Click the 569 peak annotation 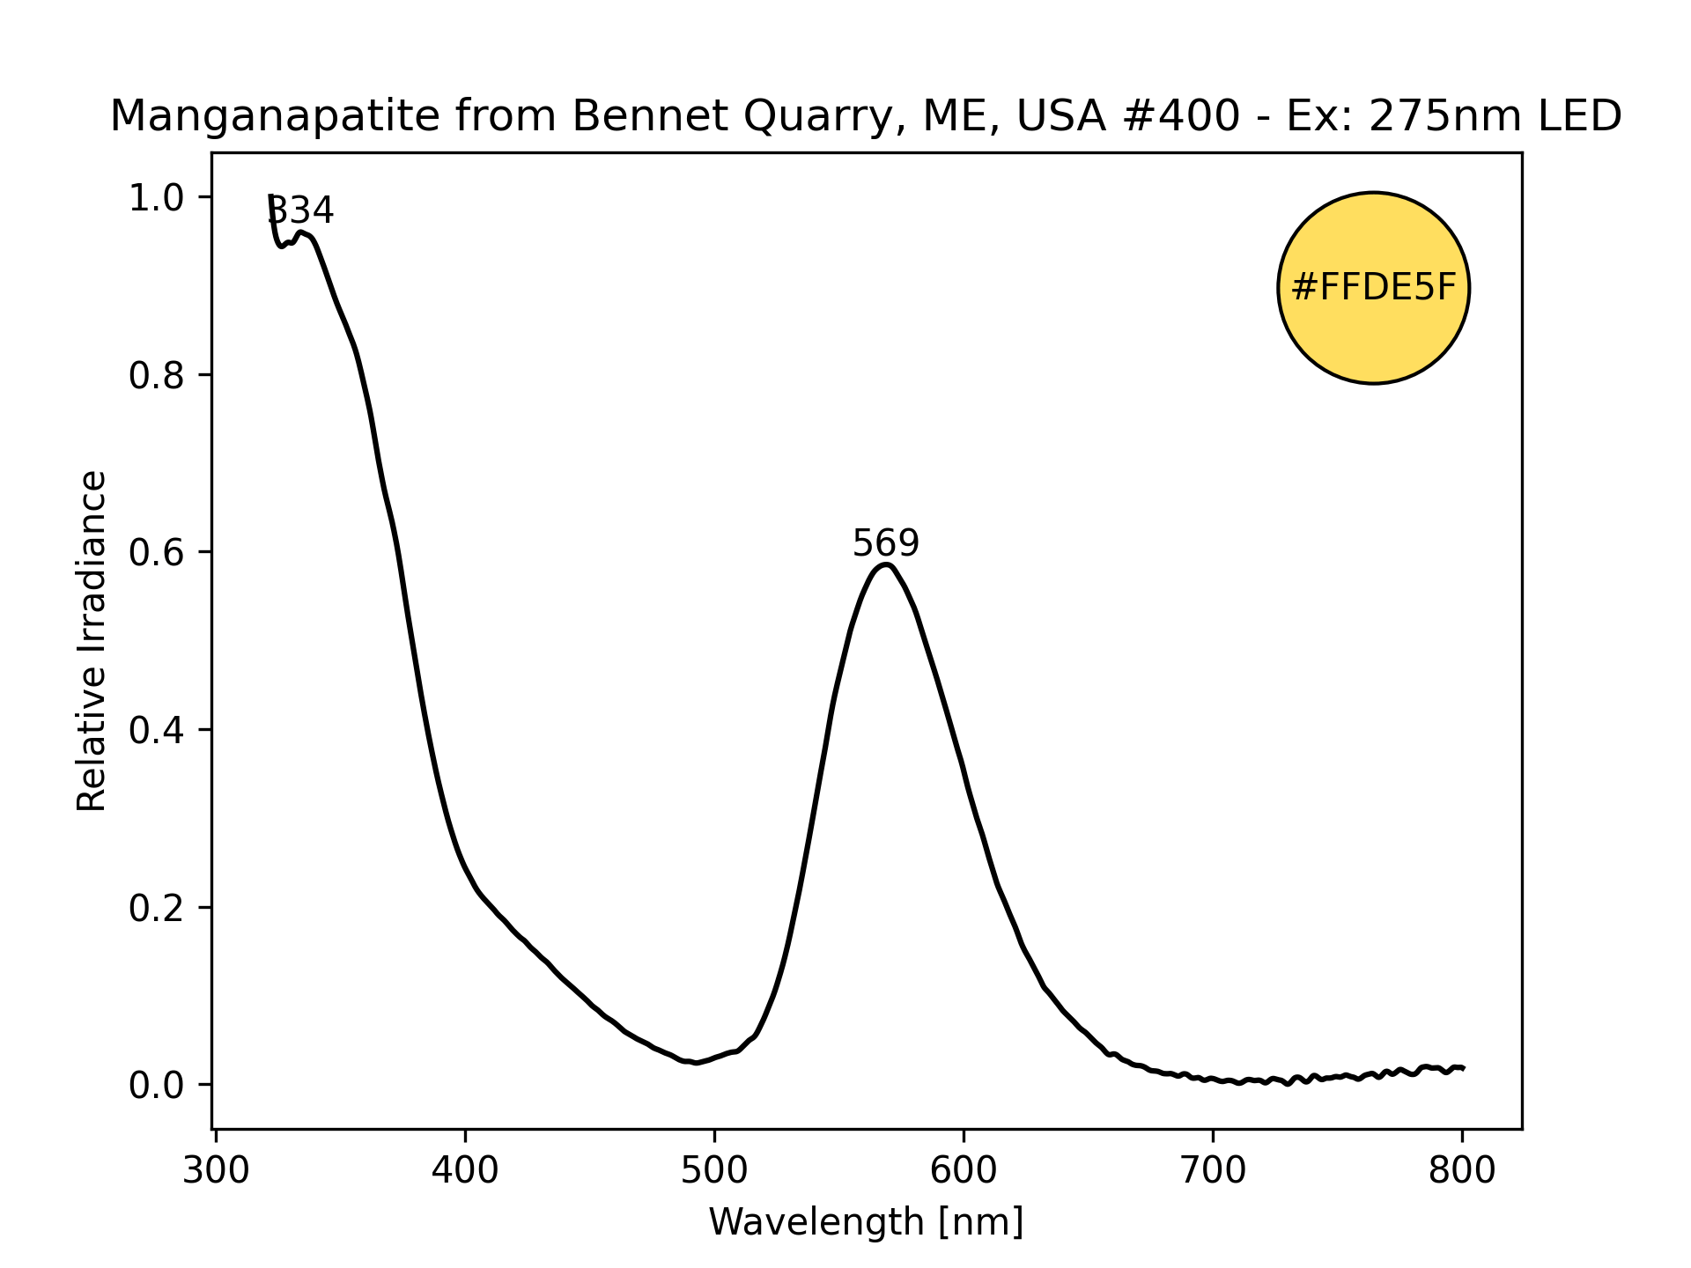click(x=885, y=543)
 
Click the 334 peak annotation click(x=300, y=210)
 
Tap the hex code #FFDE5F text click(x=1373, y=288)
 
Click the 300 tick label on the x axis click(x=216, y=1171)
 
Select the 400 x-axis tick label click(x=465, y=1171)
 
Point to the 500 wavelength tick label click(x=714, y=1171)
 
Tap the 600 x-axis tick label click(x=964, y=1171)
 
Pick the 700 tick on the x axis click(x=1213, y=1171)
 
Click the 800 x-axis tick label click(x=1462, y=1171)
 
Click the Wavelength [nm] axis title click(x=866, y=1222)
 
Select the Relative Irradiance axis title click(x=92, y=640)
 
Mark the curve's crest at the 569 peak click(x=886, y=564)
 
